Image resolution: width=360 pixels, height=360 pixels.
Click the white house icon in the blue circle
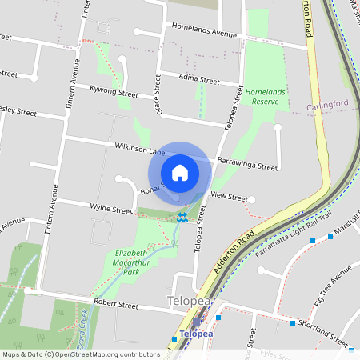pyautogui.click(x=180, y=172)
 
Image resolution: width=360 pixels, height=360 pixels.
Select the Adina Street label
pyautogui.click(x=199, y=81)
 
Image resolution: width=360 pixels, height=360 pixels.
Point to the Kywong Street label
pyautogui.click(x=114, y=93)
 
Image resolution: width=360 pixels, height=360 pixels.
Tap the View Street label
pyautogui.click(x=229, y=196)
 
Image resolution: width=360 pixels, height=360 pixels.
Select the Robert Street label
pyautogui.click(x=117, y=304)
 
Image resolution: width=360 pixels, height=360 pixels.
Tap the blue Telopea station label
pyautogui.click(x=197, y=333)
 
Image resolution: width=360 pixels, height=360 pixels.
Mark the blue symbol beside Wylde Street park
pyautogui.click(x=183, y=216)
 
